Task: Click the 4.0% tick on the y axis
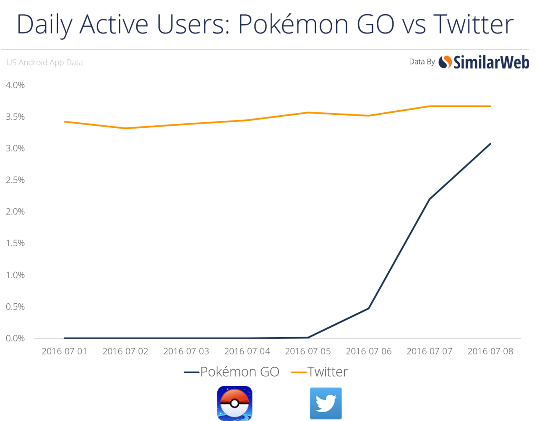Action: pos(16,85)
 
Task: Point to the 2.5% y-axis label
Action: pos(16,180)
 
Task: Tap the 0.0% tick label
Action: pos(16,338)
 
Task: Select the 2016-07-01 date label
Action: pos(64,351)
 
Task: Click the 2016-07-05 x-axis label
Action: pos(308,351)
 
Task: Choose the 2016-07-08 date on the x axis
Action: pos(490,351)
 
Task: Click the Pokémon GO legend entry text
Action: pos(240,372)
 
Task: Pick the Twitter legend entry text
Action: pos(327,372)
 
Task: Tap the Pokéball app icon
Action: pos(235,403)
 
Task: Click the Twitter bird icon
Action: pos(326,403)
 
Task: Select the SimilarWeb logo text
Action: pos(491,62)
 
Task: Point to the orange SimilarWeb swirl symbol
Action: pos(445,62)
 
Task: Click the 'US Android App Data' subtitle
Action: pos(44,63)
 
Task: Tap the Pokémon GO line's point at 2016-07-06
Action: pos(368,308)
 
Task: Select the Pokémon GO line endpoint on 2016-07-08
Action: pos(490,144)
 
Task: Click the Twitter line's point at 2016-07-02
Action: pos(125,128)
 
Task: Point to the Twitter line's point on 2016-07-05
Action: pos(308,113)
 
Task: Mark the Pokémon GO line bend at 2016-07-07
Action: pos(430,199)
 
